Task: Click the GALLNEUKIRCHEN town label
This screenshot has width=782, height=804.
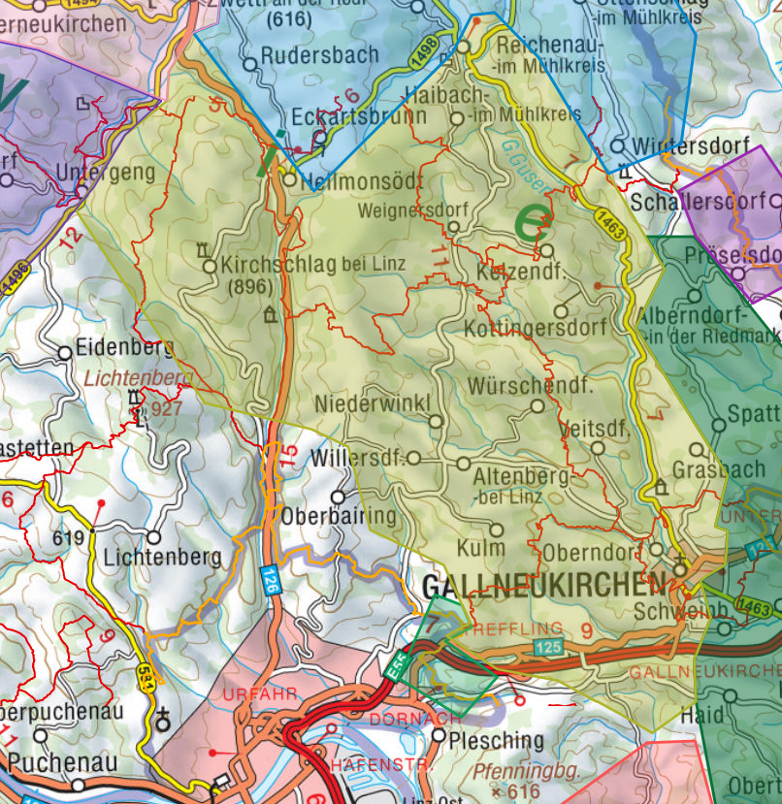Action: click(x=544, y=585)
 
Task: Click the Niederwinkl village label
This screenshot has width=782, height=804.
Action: click(x=364, y=402)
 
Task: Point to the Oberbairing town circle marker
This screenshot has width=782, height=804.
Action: click(x=338, y=497)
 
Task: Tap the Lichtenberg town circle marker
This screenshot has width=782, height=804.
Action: click(x=153, y=536)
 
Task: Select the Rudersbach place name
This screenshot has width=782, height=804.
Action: click(x=319, y=55)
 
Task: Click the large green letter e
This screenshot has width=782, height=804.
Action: click(x=530, y=222)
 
